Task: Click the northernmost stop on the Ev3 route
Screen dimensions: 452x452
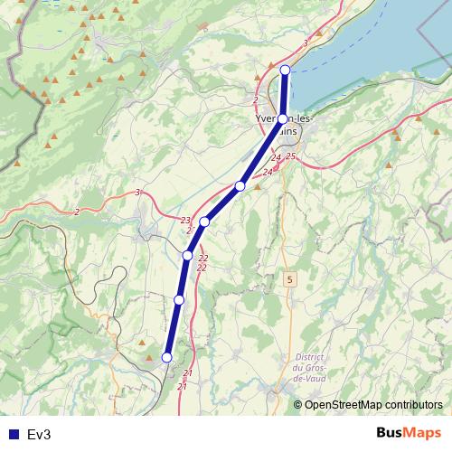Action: pos(285,70)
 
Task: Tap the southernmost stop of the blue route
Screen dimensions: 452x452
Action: pos(166,357)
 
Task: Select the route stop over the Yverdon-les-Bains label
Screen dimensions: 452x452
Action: pos(283,118)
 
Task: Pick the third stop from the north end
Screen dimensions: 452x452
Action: pos(240,185)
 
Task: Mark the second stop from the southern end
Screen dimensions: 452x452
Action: pos(179,299)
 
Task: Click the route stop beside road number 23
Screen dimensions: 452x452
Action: pos(204,221)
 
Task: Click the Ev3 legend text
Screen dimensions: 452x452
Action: pos(39,435)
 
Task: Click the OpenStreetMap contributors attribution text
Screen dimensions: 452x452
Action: pos(373,404)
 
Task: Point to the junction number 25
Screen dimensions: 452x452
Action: pos(290,156)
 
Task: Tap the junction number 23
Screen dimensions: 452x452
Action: pos(185,221)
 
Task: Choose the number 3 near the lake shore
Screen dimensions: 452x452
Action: pos(306,42)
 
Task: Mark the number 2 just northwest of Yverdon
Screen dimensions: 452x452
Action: pos(257,99)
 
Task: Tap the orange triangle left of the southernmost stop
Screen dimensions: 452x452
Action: pos(148,344)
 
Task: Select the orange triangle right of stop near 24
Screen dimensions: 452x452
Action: pos(258,187)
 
